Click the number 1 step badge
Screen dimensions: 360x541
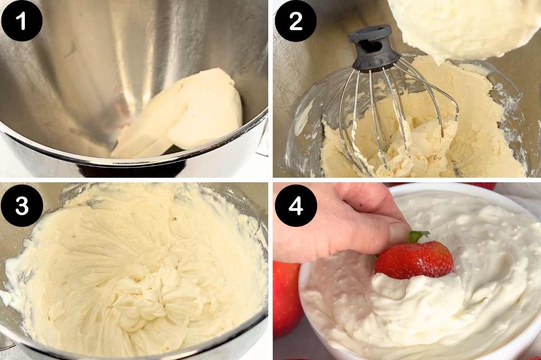tap(22, 21)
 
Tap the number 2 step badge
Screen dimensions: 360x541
tap(295, 21)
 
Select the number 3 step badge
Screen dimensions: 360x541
tap(22, 205)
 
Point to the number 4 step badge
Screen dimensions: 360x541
tap(295, 205)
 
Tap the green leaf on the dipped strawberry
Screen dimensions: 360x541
tap(417, 236)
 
